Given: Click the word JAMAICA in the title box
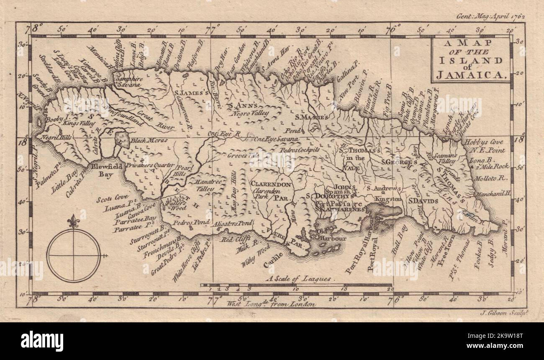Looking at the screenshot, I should tap(472, 75).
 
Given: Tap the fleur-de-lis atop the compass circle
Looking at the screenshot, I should tap(74, 221).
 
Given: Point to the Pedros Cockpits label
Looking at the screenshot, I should tap(300, 149).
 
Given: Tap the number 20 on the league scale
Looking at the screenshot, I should tap(390, 289).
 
